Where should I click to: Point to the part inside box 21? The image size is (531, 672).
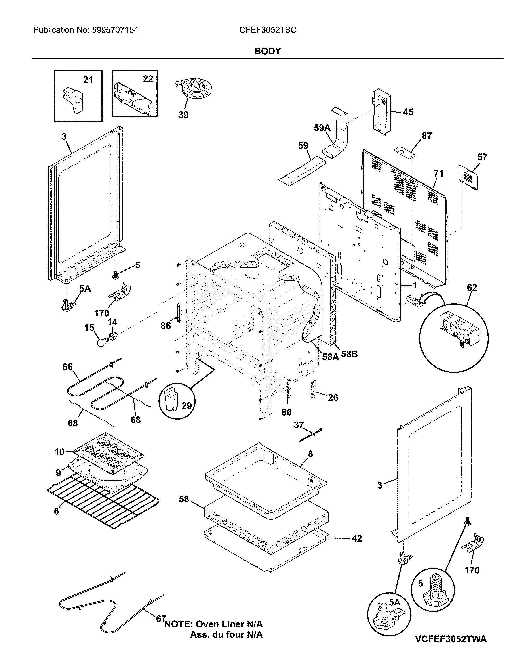pos(74,100)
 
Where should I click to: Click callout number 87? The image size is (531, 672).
pos(427,136)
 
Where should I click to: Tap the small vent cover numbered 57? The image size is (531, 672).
pos(468,177)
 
